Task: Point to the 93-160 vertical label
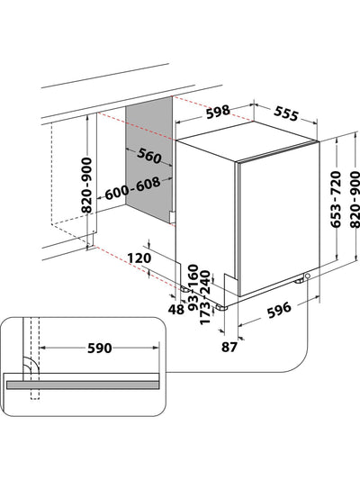pyautogui.click(x=192, y=286)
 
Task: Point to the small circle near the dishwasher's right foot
pyautogui.click(x=308, y=276)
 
